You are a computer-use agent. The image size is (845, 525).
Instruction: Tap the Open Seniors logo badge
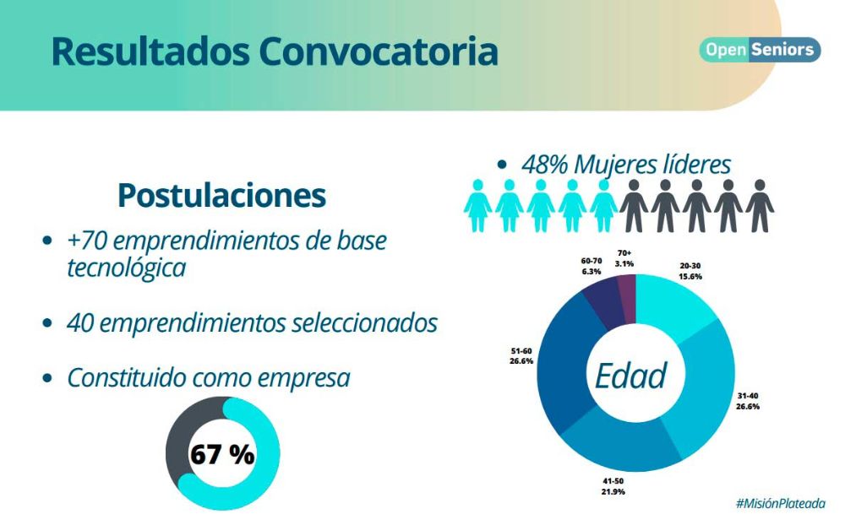(x=760, y=50)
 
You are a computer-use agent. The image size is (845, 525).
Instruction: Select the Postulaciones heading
(x=221, y=195)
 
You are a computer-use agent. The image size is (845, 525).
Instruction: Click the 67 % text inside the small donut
(x=221, y=454)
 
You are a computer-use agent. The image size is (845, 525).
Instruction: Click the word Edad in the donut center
(x=630, y=376)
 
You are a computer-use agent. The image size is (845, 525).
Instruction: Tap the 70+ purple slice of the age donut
(x=627, y=292)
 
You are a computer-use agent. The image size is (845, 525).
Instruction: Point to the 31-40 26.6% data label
(x=747, y=400)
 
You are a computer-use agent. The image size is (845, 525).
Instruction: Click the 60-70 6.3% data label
(x=591, y=266)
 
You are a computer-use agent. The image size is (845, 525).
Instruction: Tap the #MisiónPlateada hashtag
(x=779, y=503)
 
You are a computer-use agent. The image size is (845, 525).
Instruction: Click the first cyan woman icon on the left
(x=477, y=206)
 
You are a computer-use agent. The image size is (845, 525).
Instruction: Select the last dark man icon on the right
(x=759, y=206)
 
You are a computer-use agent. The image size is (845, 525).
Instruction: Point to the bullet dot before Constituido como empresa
(x=47, y=378)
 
